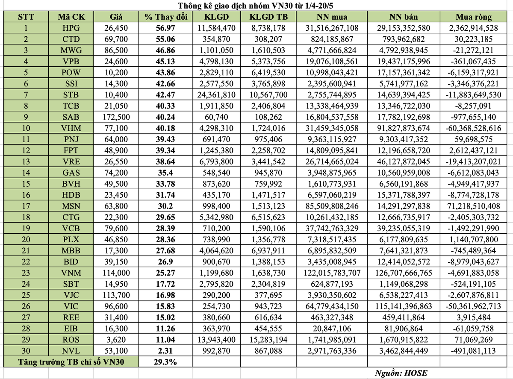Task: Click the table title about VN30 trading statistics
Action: pos(256,6)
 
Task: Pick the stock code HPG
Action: pos(71,29)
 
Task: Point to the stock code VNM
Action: pos(71,273)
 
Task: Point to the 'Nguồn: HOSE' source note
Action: pos(401,373)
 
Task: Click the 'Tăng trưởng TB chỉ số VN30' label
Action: pos(71,361)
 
